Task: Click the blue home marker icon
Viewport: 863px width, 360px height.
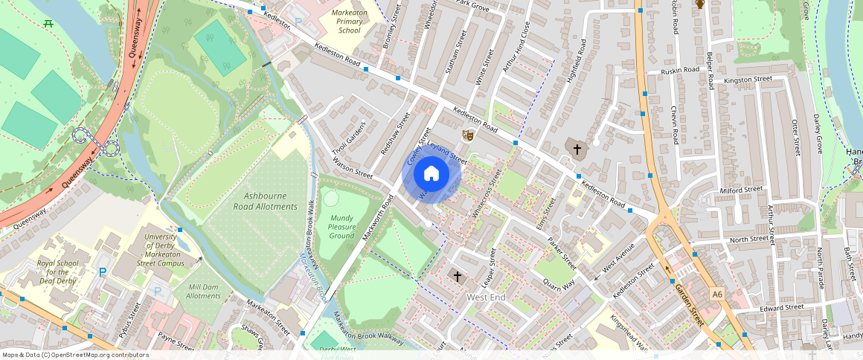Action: coord(431,174)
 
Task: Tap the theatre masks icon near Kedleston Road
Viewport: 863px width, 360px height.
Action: coord(468,135)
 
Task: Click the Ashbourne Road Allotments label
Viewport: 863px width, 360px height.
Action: coord(270,201)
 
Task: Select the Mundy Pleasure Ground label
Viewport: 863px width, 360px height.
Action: coord(341,227)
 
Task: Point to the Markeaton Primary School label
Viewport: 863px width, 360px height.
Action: coord(349,20)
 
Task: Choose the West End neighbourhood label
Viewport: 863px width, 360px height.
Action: coord(485,298)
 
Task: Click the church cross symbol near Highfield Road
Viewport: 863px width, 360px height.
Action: coord(577,150)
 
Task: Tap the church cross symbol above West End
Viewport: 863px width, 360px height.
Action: coord(458,277)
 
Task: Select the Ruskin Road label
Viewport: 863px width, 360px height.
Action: coord(681,71)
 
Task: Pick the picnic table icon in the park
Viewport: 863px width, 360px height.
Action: coord(48,24)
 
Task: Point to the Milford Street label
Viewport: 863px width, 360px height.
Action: coord(742,190)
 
